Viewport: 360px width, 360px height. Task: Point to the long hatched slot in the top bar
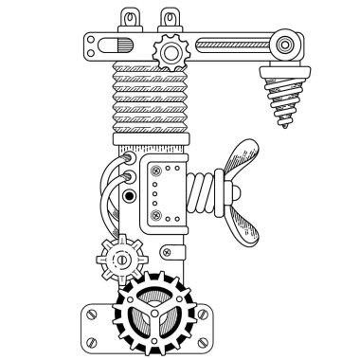226,45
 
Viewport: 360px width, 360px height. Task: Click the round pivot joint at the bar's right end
283,42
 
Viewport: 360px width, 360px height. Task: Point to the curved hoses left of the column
119,175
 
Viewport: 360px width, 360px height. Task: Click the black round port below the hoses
125,196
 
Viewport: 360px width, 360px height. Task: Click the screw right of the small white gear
167,250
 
